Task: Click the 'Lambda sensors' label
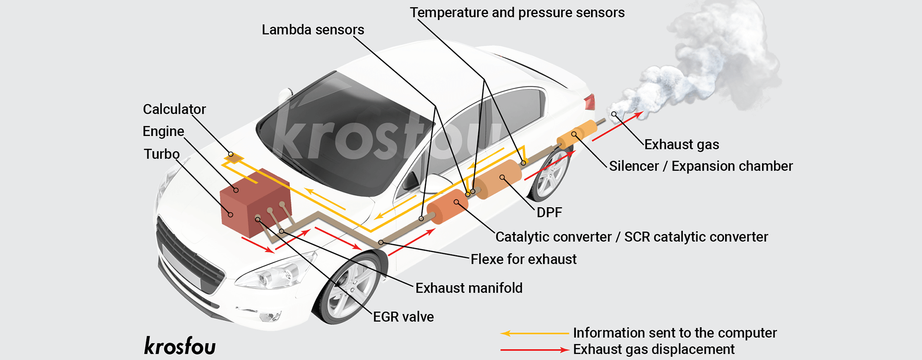(313, 30)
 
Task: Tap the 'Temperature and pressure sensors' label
(517, 12)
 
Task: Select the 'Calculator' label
(174, 109)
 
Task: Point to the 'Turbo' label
(161, 154)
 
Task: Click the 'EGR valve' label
(403, 317)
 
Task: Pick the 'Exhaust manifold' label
(469, 288)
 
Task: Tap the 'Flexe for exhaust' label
(523, 259)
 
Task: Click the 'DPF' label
(549, 212)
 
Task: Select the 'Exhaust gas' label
(681, 144)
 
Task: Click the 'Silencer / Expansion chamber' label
(701, 166)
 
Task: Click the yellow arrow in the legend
(534, 333)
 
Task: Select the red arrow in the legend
(534, 350)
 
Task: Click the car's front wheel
(350, 288)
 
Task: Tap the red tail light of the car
(590, 102)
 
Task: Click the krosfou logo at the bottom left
(180, 346)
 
